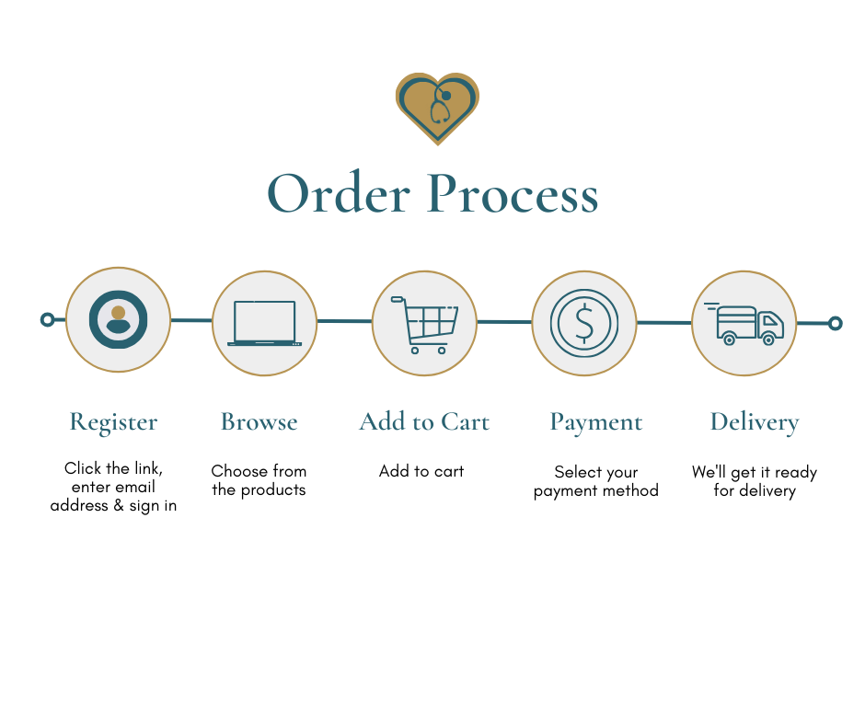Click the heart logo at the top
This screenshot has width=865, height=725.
[437, 107]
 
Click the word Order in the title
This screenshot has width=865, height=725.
[339, 194]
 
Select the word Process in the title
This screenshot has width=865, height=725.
[513, 194]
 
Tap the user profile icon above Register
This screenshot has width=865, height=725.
[118, 319]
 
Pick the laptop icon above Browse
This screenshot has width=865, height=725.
[265, 323]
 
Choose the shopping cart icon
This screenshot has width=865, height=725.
[424, 324]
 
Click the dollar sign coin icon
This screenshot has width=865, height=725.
[583, 323]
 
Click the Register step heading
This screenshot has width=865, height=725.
[113, 422]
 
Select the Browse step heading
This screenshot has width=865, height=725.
[259, 422]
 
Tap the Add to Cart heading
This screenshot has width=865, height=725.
[424, 422]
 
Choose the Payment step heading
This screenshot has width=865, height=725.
[595, 422]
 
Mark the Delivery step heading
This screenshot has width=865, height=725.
[754, 422]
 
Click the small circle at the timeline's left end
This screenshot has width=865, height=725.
[48, 319]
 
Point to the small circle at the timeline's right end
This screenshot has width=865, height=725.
[835, 323]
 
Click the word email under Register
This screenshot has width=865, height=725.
[134, 488]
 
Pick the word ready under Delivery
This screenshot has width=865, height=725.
[794, 472]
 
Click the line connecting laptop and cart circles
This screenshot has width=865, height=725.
[344, 321]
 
